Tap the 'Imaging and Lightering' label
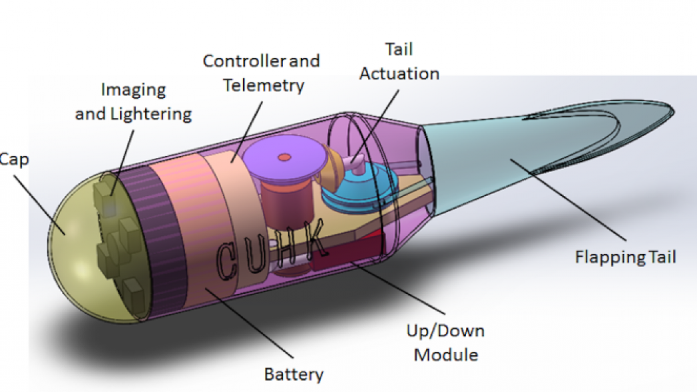[x=133, y=102]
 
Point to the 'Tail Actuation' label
[x=399, y=61]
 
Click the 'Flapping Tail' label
[x=625, y=257]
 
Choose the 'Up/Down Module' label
[x=445, y=342]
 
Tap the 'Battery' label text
[x=294, y=374]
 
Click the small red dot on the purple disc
[x=284, y=157]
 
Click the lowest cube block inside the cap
[x=134, y=290]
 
